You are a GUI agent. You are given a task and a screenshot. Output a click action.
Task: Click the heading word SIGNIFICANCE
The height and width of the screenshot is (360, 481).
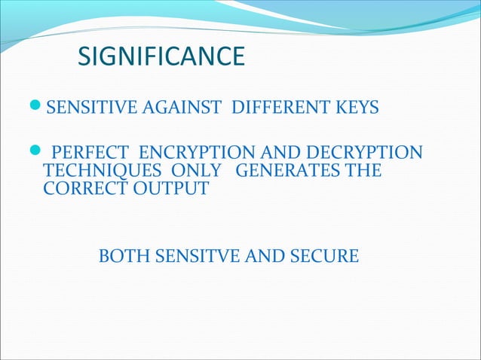coord(162,56)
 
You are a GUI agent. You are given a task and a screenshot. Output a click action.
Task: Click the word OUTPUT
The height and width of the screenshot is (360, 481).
coord(170,188)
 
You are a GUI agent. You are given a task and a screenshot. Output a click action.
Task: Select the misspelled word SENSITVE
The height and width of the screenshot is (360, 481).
coord(200,257)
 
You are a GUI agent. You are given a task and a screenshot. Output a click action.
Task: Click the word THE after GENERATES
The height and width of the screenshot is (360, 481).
coord(363,171)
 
